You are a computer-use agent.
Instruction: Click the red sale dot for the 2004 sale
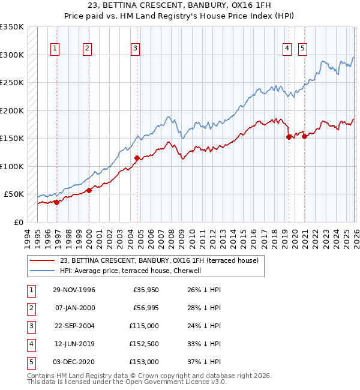pyautogui.click(x=137, y=158)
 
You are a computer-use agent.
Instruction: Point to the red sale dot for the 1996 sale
pyautogui.click(x=57, y=202)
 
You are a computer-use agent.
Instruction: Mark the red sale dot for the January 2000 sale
pyautogui.click(x=89, y=190)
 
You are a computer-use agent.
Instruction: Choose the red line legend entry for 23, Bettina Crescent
pyautogui.click(x=159, y=260)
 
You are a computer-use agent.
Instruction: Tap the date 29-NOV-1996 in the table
pyautogui.click(x=74, y=290)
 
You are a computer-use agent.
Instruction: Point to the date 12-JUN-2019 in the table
pyautogui.click(x=74, y=344)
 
